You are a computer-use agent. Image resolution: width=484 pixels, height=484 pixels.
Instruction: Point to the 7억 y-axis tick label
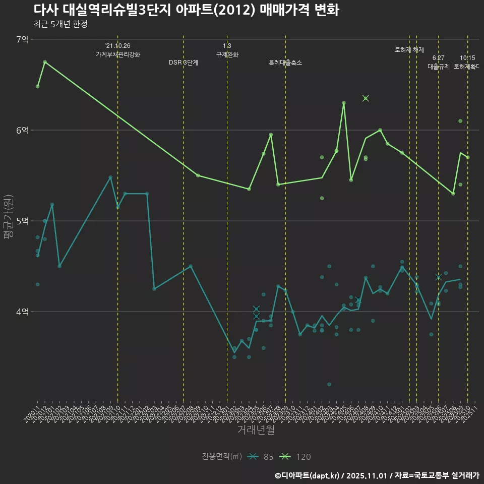pos(23,39)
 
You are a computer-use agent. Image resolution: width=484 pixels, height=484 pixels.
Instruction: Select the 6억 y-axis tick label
pos(23,130)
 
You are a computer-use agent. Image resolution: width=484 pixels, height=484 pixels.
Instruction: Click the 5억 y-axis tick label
pos(23,221)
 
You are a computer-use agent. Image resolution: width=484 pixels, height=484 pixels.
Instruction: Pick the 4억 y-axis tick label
pos(23,312)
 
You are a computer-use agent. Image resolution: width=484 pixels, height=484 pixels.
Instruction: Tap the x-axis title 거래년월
pos(256,430)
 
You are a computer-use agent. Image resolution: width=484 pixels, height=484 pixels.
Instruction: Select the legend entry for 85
pos(263,457)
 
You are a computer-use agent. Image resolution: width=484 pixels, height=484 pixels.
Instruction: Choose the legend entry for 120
pos(297,457)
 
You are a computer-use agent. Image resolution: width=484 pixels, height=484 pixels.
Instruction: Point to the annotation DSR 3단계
pos(184,63)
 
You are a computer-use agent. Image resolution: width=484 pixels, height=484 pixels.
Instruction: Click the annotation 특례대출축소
pos(285,63)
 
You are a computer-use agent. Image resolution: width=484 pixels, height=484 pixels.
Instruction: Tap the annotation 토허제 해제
pos(409,50)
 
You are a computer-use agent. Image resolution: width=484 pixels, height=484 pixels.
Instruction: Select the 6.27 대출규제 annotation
pos(438,62)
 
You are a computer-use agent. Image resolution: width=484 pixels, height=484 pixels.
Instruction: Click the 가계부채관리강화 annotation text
pos(118,54)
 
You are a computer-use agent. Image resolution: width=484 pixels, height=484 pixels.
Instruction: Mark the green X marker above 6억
pos(366,98)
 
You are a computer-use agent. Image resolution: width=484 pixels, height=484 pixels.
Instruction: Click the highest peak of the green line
pos(45,62)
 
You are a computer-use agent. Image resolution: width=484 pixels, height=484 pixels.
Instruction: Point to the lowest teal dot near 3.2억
pos(329,384)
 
